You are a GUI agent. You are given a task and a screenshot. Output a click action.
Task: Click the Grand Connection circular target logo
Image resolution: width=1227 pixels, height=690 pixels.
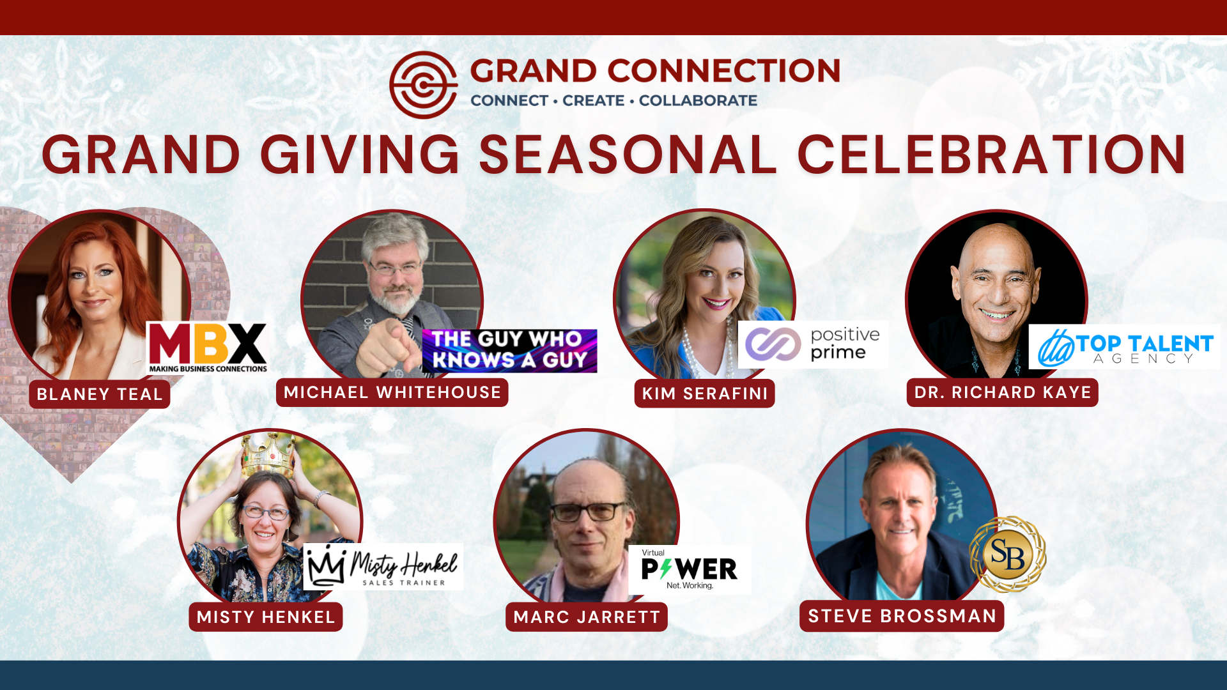coord(423,85)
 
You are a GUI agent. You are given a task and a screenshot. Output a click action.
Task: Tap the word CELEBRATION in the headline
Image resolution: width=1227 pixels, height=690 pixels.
coord(992,155)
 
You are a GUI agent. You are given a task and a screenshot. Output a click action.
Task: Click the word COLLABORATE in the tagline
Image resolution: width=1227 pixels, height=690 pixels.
coord(698,100)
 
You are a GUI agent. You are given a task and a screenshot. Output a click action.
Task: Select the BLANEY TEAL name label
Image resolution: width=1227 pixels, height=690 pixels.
coord(100,394)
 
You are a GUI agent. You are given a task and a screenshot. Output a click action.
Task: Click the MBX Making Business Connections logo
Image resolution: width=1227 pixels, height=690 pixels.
coord(208,347)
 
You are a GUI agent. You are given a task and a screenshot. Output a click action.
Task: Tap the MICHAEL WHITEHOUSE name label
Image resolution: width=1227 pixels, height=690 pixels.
coord(392,392)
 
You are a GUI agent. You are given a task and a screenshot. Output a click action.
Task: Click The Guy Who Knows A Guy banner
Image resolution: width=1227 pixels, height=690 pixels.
coord(509,351)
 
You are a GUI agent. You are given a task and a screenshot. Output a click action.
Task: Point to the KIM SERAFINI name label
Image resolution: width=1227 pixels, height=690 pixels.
coord(705,394)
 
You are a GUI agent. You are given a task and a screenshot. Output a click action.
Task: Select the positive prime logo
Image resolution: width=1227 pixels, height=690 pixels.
coord(813,344)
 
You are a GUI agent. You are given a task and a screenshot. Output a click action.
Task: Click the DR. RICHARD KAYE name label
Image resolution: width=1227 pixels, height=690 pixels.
coord(1003,392)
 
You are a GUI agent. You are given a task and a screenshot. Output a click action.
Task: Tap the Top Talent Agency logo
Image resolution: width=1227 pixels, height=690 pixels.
coord(1125,347)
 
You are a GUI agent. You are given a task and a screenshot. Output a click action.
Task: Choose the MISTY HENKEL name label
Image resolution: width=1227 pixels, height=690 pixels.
coord(266,617)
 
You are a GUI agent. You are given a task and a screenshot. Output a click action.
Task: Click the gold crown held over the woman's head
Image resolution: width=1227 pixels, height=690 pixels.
coord(268,455)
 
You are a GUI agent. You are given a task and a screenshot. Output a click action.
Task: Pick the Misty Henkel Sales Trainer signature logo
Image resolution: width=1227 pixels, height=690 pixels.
coord(383,567)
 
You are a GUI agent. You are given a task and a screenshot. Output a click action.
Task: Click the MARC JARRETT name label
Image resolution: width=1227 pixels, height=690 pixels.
coord(587,617)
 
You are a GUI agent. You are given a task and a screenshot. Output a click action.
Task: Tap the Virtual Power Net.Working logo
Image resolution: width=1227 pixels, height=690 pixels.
coord(690,570)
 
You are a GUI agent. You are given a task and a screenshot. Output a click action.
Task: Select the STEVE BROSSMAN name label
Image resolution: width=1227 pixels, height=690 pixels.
coord(902,616)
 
